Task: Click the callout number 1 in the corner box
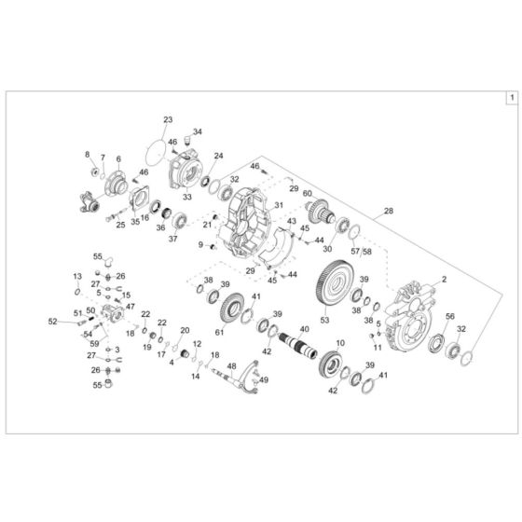point(510,96)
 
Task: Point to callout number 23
point(168,120)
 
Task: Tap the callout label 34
point(197,132)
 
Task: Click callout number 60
point(307,194)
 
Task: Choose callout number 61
point(220,333)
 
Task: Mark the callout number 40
point(304,317)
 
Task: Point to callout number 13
point(78,276)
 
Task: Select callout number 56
point(450,317)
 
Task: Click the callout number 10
point(339,342)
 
